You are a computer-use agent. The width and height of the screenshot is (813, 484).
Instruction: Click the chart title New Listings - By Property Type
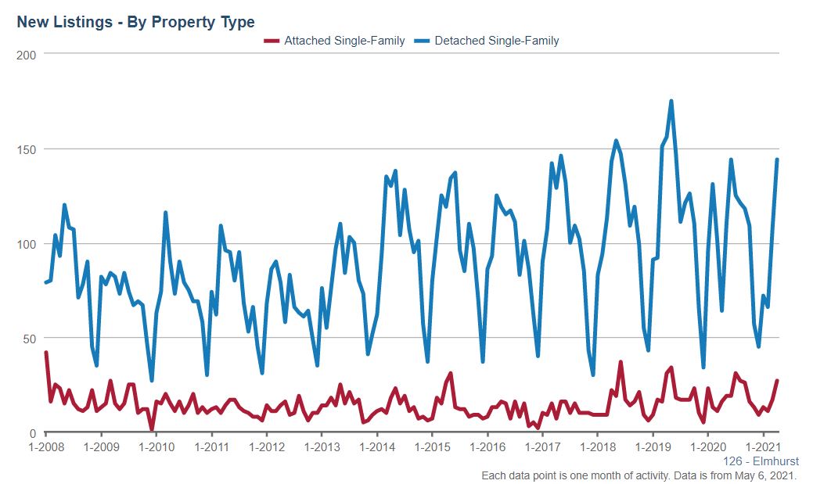pos(135,22)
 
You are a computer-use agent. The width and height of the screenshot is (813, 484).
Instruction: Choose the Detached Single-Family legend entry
pos(497,41)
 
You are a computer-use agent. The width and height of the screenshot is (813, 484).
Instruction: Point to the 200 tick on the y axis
pos(28,54)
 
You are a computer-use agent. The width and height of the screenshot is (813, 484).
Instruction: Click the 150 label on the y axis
pos(28,149)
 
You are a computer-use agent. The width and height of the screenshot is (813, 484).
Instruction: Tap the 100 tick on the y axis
pos(28,244)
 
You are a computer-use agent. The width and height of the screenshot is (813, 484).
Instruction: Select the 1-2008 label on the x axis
pos(45,448)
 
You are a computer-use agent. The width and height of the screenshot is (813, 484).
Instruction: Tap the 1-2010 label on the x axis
pos(156,448)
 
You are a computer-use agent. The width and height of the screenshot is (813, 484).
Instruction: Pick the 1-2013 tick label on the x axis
pos(322,448)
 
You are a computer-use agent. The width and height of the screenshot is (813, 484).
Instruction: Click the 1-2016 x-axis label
pos(487,448)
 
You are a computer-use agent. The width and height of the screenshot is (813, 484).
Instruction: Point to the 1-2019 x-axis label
pos(653,448)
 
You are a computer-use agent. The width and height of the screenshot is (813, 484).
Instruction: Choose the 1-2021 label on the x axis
pos(764,448)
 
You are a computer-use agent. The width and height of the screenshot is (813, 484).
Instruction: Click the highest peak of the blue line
pos(671,101)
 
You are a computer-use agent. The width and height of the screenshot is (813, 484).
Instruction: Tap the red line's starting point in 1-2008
pos(45,353)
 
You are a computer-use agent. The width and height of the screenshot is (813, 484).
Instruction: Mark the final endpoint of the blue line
pos(777,160)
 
